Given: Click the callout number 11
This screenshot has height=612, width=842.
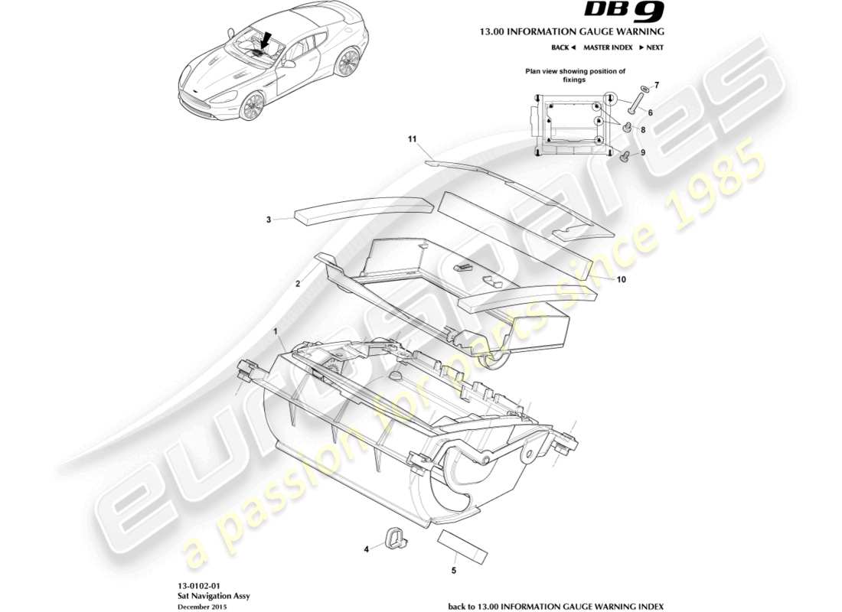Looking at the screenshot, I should pos(411,139).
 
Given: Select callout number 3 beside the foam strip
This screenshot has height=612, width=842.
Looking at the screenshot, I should pos(269,220).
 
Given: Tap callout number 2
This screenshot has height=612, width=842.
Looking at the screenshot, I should pos(297,283).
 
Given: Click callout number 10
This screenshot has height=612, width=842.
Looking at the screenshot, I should pos(622,280).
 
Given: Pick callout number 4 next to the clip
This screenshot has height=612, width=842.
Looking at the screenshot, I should pos(367,548).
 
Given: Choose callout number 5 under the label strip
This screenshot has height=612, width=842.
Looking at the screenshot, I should pos(453,570).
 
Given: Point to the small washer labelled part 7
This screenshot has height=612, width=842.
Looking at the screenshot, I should pos(643,89).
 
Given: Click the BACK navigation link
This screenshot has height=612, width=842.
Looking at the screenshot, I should pos(563,47).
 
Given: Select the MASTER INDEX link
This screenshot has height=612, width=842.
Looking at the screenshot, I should pos(608,47).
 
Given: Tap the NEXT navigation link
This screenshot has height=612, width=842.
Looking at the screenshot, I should pos(651,47).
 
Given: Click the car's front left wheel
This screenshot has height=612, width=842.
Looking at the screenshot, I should pos(252,106).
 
